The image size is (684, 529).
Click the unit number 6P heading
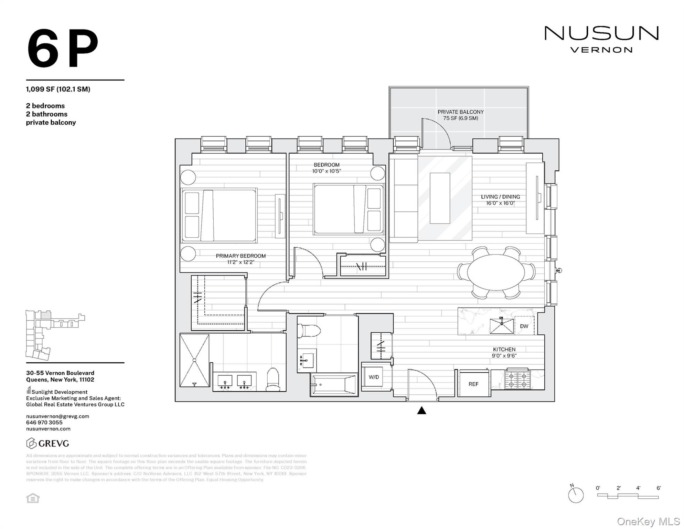click(x=63, y=49)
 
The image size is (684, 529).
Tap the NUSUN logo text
click(x=601, y=34)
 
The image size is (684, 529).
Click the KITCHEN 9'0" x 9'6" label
click(x=504, y=352)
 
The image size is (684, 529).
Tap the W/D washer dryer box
click(x=374, y=377)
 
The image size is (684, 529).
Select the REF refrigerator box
click(x=473, y=384)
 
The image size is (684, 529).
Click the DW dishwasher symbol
click(x=524, y=326)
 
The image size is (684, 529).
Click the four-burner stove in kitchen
click(x=517, y=379)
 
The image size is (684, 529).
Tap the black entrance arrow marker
click(x=421, y=411)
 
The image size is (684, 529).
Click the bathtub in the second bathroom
click(x=333, y=385)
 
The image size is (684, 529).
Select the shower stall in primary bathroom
click(x=194, y=360)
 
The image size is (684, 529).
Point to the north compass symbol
click(x=576, y=495)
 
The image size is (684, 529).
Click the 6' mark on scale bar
click(x=658, y=488)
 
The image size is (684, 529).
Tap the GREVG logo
click(x=48, y=443)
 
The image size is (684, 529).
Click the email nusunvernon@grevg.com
click(x=57, y=416)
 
